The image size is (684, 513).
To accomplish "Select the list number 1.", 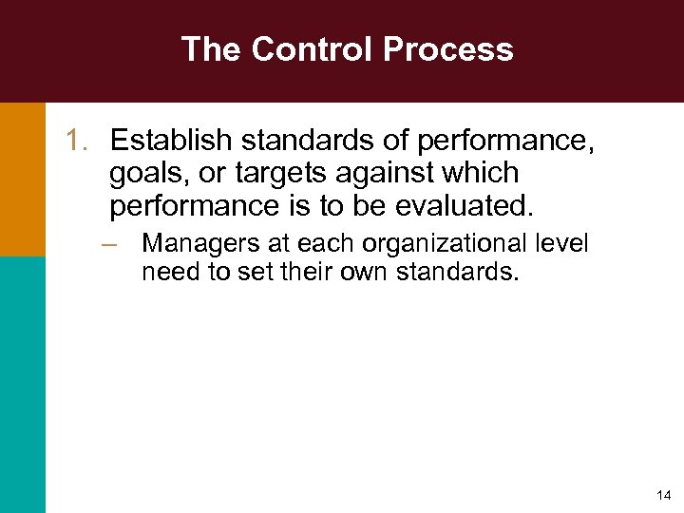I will point(75,142).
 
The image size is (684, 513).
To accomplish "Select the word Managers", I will point(197,244).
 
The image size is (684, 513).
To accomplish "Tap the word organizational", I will point(441,244).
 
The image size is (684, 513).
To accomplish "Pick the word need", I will point(164,274).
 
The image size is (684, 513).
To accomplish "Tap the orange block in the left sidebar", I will point(22,179).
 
